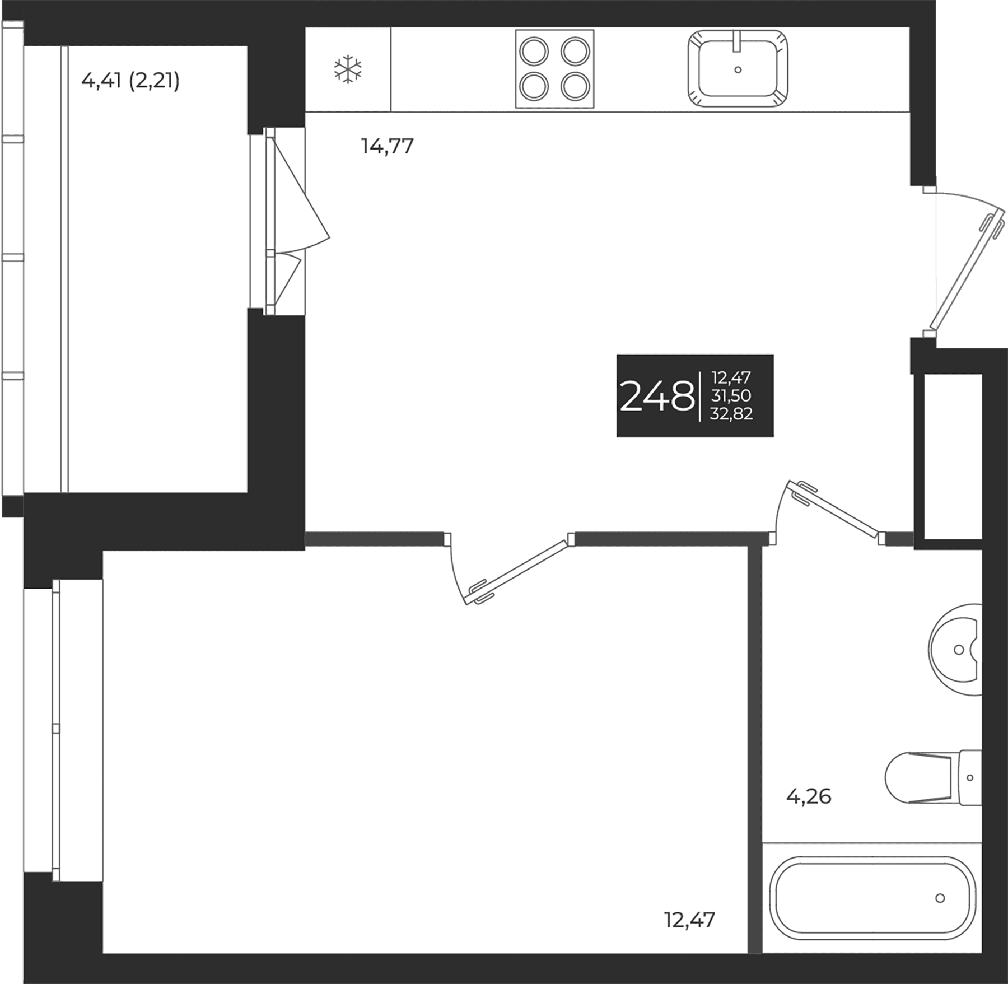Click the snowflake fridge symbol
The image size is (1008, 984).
pyautogui.click(x=348, y=69)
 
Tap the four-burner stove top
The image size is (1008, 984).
pyautogui.click(x=554, y=69)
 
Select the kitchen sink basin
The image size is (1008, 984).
pyautogui.click(x=738, y=68)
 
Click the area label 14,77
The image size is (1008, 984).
pyautogui.click(x=388, y=146)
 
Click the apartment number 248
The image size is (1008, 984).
pyautogui.click(x=657, y=396)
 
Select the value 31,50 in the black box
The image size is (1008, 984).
pyautogui.click(x=731, y=395)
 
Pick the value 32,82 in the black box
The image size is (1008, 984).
pyautogui.click(x=731, y=413)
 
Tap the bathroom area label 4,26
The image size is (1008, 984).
pyautogui.click(x=809, y=796)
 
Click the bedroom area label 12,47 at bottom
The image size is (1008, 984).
pyautogui.click(x=690, y=920)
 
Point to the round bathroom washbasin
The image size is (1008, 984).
pyautogui.click(x=955, y=650)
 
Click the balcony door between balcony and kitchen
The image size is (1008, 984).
pyautogui.click(x=288, y=221)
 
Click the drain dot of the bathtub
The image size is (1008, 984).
pyautogui.click(x=940, y=898)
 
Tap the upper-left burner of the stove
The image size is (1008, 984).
pyautogui.click(x=534, y=52)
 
